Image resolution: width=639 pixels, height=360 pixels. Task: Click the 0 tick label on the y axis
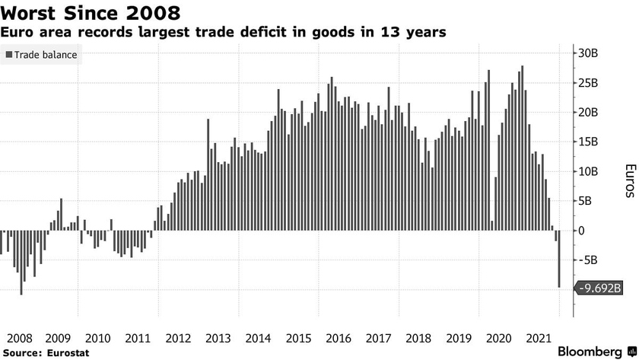(x=582, y=231)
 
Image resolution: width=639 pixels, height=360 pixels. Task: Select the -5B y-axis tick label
(x=587, y=260)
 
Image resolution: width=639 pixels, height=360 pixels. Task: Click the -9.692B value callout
(x=600, y=288)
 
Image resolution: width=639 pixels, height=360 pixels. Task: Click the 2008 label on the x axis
(x=19, y=337)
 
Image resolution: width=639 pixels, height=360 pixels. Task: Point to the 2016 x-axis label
(x=338, y=337)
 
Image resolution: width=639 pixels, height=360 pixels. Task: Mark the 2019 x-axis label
(x=459, y=337)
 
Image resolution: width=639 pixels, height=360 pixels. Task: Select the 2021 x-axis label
(x=539, y=337)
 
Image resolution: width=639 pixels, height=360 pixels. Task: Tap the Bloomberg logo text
(x=589, y=351)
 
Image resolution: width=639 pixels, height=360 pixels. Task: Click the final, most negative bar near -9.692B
(x=560, y=259)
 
